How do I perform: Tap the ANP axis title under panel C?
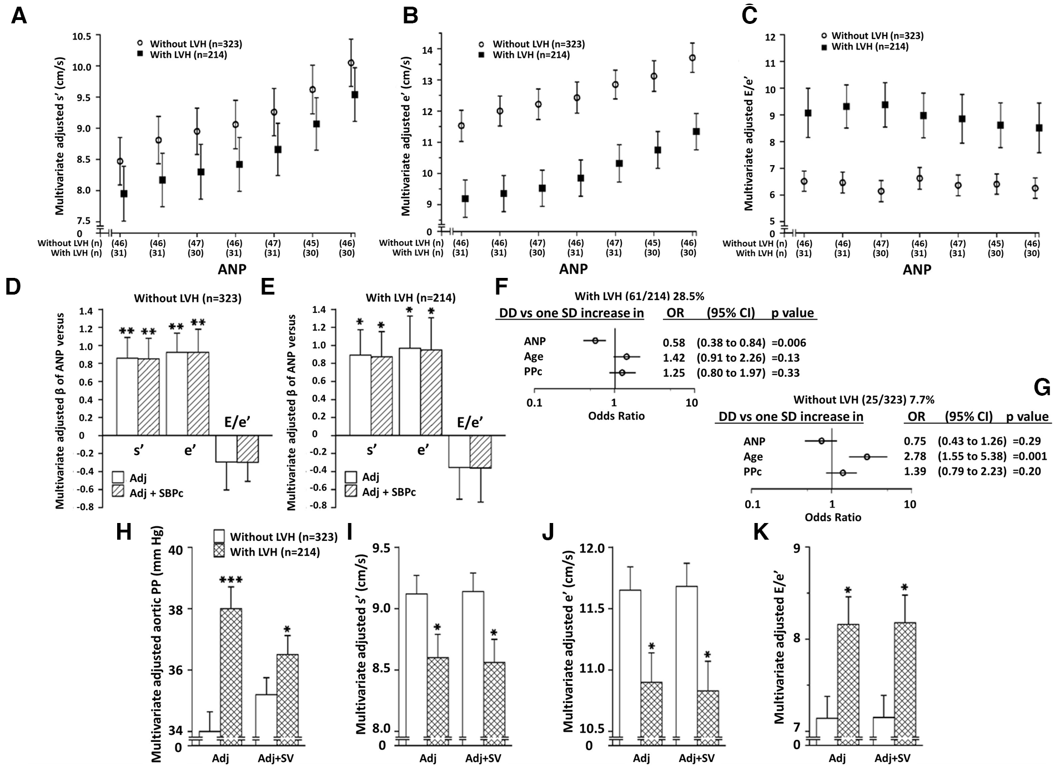click(x=917, y=270)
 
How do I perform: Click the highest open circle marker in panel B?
click(x=692, y=58)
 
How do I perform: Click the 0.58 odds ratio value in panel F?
click(x=674, y=343)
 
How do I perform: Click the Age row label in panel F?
click(x=534, y=357)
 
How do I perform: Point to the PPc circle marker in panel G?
click(x=842, y=473)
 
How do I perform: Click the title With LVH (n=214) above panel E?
click(x=410, y=298)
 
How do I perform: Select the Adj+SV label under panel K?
click(x=892, y=758)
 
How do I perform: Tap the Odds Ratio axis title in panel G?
click(x=833, y=517)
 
